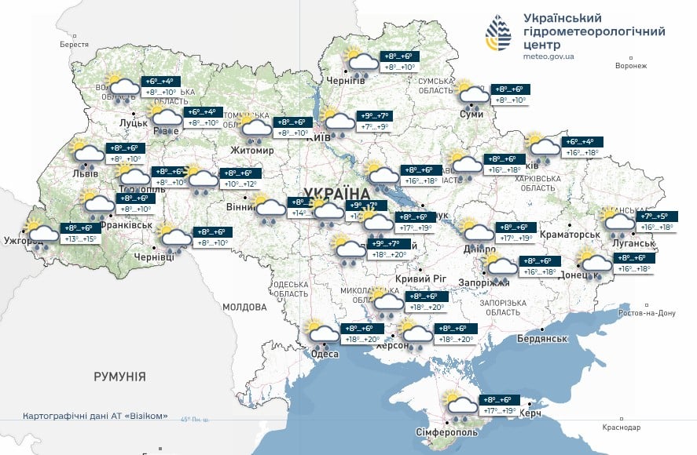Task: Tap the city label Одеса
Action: (x=325, y=354)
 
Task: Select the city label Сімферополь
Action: (x=446, y=432)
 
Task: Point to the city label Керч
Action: (x=530, y=413)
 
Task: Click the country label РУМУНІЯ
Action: (x=119, y=377)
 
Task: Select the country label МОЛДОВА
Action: (x=245, y=308)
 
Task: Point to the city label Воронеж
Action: (x=630, y=66)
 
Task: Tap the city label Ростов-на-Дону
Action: (x=647, y=313)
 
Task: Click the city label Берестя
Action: (x=75, y=45)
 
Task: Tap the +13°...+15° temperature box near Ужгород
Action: (x=80, y=238)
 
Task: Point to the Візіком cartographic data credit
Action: (x=95, y=416)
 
